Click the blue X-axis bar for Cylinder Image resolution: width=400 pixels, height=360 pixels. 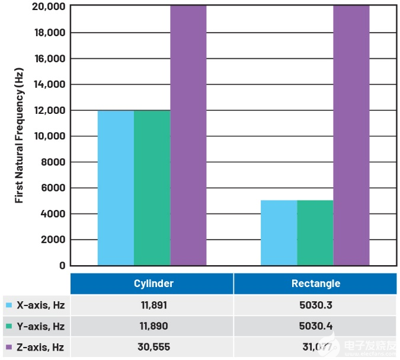pyautogui.click(x=116, y=187)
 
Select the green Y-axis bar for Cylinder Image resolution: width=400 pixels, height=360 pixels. pyautogui.click(x=152, y=187)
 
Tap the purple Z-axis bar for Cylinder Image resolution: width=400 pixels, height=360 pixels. pyautogui.click(x=188, y=135)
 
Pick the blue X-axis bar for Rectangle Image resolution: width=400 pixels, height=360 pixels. pyautogui.click(x=279, y=232)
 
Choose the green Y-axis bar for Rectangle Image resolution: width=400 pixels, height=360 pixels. pyautogui.click(x=315, y=232)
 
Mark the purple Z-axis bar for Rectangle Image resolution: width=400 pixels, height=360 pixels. pyautogui.click(x=351, y=135)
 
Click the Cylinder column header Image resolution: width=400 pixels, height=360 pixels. pyautogui.click(x=153, y=283)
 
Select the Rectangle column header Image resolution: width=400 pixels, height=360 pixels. pyautogui.click(x=315, y=283)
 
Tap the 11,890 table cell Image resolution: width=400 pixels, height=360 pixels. pyautogui.click(x=153, y=326)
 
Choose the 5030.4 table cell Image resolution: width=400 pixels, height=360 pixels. pyautogui.click(x=315, y=326)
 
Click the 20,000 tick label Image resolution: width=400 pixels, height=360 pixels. pyautogui.click(x=47, y=7)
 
